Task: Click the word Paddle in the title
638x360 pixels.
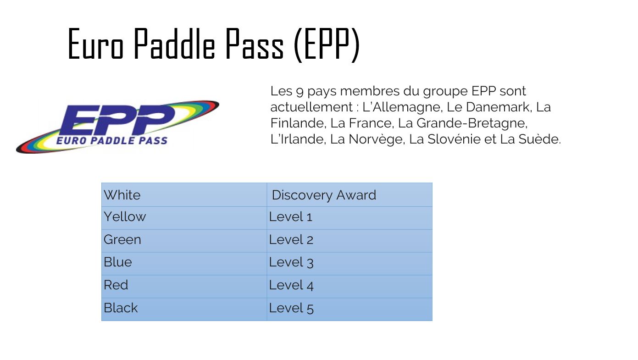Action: point(174,44)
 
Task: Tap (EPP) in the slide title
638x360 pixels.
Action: point(327,45)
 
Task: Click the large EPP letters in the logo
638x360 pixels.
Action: point(117,120)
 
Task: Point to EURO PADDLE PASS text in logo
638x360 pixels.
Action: point(112,140)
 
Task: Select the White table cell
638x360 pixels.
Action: point(184,195)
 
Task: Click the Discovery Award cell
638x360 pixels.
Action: point(350,195)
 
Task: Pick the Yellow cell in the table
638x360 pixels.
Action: point(184,218)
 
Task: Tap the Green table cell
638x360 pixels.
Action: point(184,241)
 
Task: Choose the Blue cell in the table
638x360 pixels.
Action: point(184,263)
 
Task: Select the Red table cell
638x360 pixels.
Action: point(184,287)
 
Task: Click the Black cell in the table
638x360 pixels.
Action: point(184,309)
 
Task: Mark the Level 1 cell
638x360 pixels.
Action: point(350,218)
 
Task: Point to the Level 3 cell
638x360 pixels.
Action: point(350,263)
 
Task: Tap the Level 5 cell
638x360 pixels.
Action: point(350,309)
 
